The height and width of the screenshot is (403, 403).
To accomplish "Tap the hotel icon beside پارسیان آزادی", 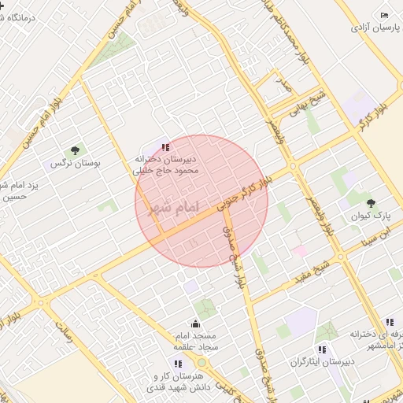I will [x=384, y=16].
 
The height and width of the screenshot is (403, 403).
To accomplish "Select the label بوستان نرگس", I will [x=65, y=164].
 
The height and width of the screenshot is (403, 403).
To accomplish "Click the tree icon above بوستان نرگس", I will [x=75, y=150].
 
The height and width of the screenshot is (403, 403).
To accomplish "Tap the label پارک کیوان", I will [x=365, y=215].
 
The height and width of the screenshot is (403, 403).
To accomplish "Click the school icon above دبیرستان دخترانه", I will [x=165, y=146].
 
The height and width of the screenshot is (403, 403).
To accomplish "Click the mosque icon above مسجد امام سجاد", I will [x=195, y=323].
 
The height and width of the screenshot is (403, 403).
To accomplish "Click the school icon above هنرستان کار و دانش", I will [x=178, y=364].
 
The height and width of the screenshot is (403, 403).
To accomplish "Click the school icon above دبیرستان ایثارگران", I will [x=321, y=349].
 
